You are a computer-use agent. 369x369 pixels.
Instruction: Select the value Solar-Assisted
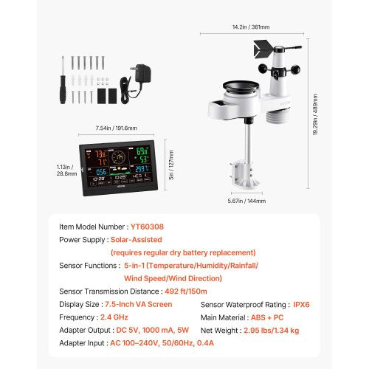(141, 240)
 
